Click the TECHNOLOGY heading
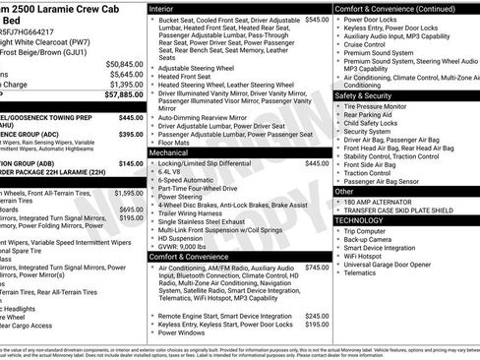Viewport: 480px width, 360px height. [360, 220]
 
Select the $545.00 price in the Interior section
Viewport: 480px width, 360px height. [317, 20]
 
